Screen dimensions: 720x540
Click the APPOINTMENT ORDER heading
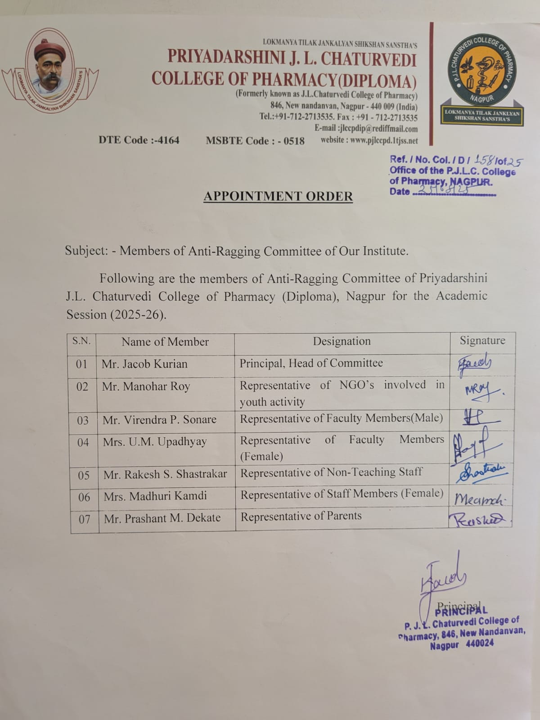[x=278, y=196]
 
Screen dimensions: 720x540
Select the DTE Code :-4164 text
[x=139, y=140]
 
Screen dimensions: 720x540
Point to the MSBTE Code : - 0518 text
[x=255, y=141]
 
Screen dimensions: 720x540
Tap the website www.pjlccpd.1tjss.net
[x=369, y=140]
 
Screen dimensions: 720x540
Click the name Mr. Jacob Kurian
[x=144, y=364]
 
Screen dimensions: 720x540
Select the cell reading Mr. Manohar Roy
[x=146, y=387]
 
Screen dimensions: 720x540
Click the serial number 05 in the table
[x=84, y=475]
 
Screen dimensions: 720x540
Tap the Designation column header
[x=342, y=342]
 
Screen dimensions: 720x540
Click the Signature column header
[x=482, y=341]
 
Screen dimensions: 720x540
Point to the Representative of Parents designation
[x=301, y=516]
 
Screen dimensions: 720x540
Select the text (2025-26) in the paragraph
[x=138, y=315]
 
